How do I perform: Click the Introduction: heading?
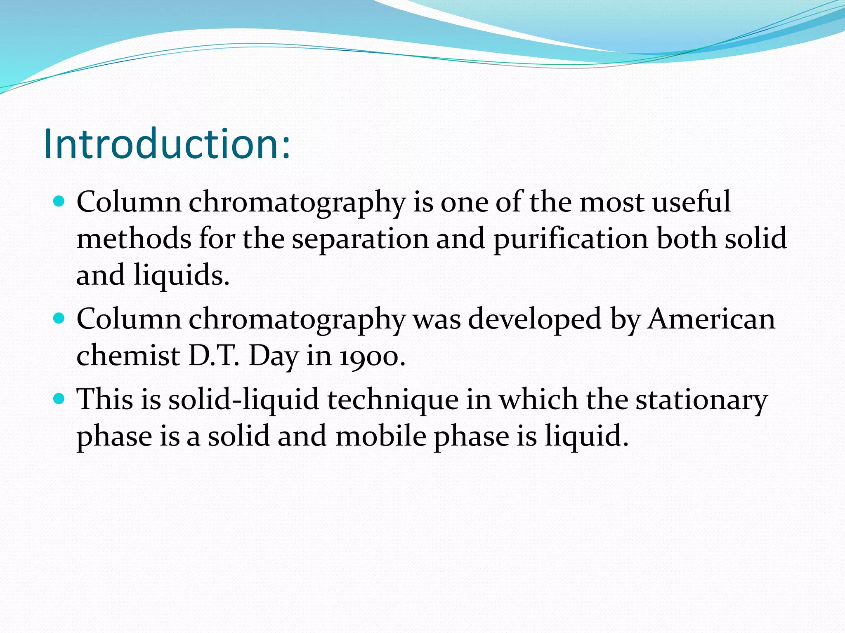tap(167, 143)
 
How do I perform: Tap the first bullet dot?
tap(60, 202)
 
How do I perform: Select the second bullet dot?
tap(60, 319)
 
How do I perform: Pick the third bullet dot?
tap(60, 399)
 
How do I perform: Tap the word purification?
tap(571, 239)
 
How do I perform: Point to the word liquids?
tap(181, 276)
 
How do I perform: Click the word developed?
tap(535, 320)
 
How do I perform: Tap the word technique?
tap(393, 400)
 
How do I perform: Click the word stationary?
tap(701, 400)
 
